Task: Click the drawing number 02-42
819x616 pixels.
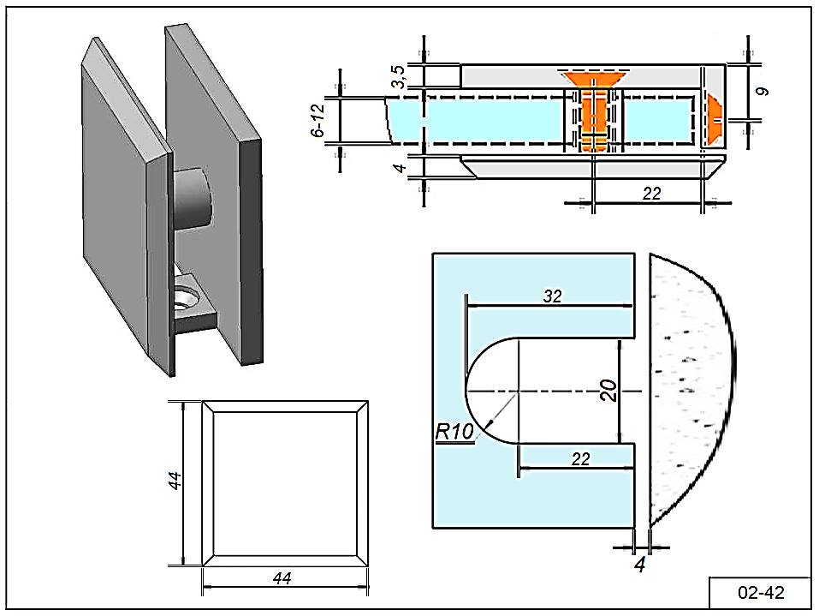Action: click(x=760, y=592)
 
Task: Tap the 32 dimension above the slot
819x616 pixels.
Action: click(x=551, y=296)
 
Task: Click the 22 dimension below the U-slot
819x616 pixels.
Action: click(x=579, y=459)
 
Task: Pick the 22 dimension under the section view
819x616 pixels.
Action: click(x=651, y=194)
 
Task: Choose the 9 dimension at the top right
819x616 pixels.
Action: click(x=763, y=89)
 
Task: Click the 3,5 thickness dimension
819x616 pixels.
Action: click(x=399, y=76)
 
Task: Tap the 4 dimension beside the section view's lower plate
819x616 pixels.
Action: click(x=399, y=166)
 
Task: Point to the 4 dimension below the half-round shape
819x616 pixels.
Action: click(x=638, y=565)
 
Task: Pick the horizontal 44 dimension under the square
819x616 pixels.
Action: click(x=282, y=579)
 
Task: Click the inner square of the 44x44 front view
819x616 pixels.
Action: click(x=284, y=483)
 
